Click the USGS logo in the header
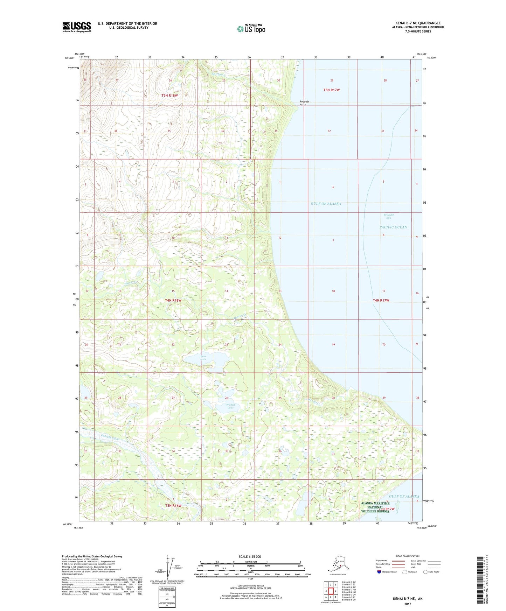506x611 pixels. [76, 27]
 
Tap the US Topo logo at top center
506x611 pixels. [251, 28]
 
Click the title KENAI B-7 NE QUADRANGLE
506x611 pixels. [418, 23]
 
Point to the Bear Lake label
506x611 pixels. [203, 358]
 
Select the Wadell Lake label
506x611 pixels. [230, 406]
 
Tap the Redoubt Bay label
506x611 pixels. [388, 216]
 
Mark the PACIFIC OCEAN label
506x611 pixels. [393, 227]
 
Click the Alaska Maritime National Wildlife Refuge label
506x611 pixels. [375, 507]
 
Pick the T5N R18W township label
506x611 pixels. [169, 95]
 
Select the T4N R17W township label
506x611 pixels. [381, 300]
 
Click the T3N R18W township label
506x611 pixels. [173, 505]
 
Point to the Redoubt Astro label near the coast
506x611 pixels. [304, 103]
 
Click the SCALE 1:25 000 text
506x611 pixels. [250, 556]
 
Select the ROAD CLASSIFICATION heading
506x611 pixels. [408, 556]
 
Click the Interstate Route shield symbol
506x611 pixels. [379, 572]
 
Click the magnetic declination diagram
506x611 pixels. [167, 569]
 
